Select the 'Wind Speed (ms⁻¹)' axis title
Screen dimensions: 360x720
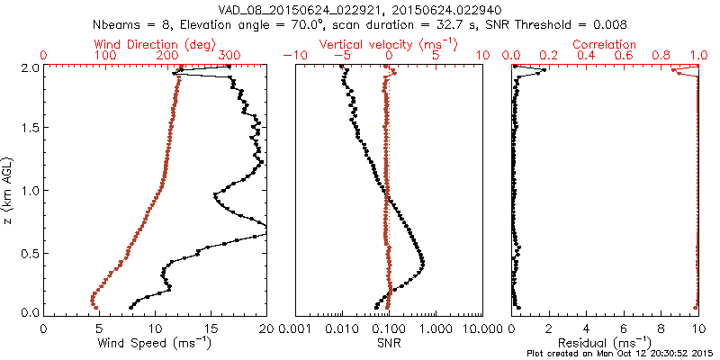coord(156,343)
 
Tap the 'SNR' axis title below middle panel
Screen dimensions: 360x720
coord(389,343)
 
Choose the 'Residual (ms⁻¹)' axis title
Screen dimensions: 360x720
coord(605,343)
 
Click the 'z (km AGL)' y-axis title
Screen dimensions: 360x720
coord(10,190)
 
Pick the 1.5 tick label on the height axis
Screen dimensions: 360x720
coord(31,128)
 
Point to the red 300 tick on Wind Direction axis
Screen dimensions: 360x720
coord(229,56)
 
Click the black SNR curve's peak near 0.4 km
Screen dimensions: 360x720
coord(423,262)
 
